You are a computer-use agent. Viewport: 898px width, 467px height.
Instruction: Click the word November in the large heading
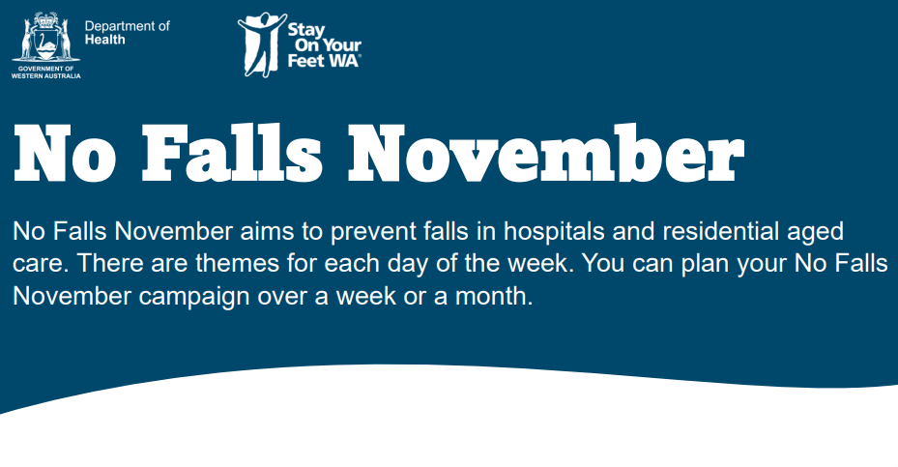(x=546, y=153)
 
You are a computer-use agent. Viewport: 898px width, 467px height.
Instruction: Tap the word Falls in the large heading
(x=231, y=153)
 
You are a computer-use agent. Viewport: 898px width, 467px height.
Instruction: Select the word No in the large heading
(x=65, y=154)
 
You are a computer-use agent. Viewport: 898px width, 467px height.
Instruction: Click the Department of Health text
(x=128, y=33)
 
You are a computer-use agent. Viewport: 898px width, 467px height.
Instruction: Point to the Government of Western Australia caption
(x=45, y=73)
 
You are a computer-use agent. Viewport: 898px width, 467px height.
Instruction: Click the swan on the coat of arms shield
(x=45, y=44)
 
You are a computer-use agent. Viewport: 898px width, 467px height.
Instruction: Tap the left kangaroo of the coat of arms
(x=26, y=39)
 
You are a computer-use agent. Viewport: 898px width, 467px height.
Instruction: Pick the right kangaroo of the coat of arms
(x=66, y=39)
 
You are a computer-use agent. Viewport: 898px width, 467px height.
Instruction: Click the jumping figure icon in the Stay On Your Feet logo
(x=261, y=44)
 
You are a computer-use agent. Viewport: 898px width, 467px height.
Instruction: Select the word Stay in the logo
(x=305, y=30)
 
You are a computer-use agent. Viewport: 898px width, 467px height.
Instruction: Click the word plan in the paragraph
(x=705, y=264)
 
